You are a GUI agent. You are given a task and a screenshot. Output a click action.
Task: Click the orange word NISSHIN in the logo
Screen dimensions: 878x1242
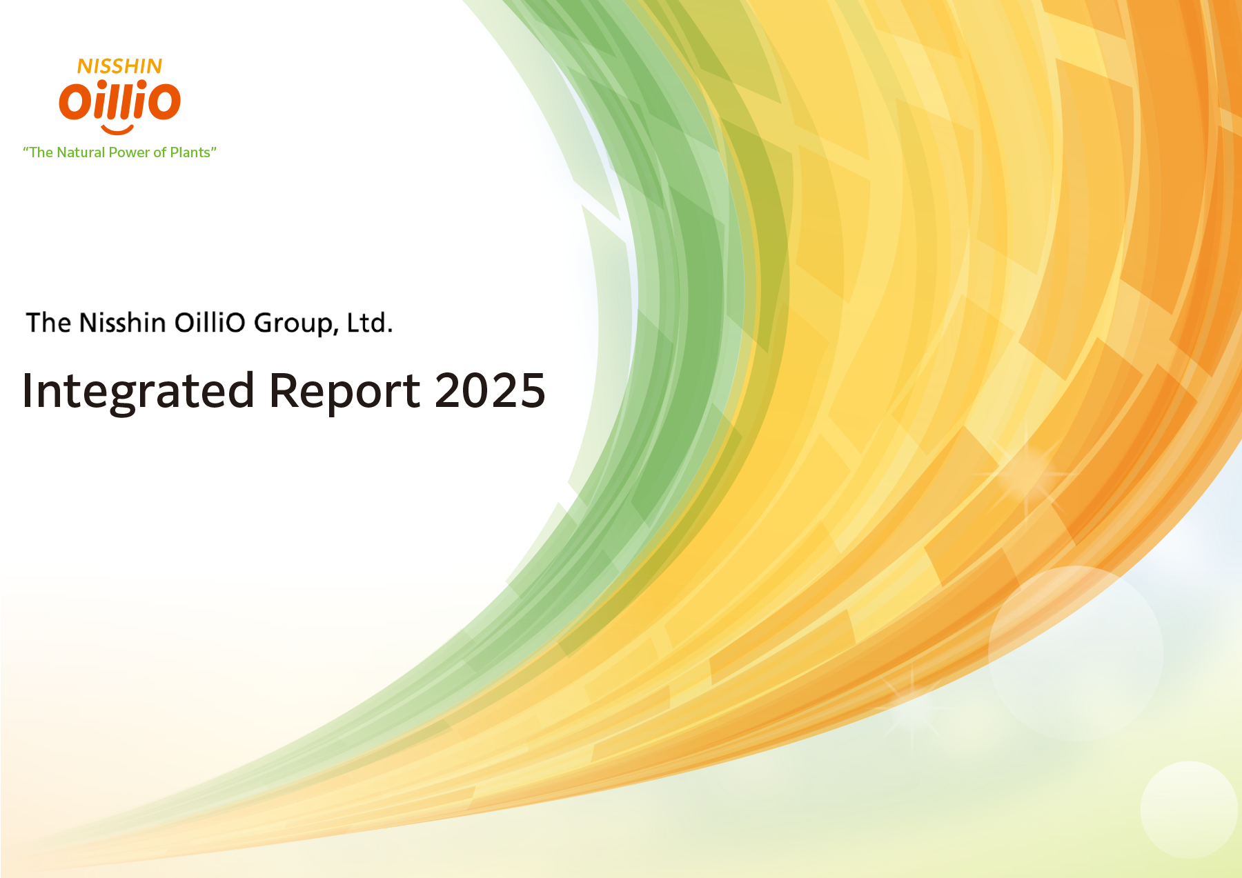tap(119, 66)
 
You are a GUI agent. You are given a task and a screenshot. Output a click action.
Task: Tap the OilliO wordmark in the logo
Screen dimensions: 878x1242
tap(119, 100)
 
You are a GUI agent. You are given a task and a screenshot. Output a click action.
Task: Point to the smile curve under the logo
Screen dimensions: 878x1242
tap(117, 130)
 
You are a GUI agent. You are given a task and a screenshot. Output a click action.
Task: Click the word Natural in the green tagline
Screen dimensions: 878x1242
tap(81, 152)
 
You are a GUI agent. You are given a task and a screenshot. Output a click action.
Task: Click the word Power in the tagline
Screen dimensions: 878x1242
tap(130, 152)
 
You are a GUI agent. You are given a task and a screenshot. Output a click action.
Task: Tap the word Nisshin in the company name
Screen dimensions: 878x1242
tap(122, 323)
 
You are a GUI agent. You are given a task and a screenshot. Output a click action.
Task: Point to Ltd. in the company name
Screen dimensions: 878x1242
tap(370, 323)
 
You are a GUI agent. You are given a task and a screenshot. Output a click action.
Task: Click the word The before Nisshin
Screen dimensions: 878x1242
tap(48, 323)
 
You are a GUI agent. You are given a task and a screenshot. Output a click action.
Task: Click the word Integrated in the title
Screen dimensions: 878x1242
tap(138, 392)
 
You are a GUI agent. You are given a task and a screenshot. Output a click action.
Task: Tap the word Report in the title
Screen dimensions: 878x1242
tap(344, 392)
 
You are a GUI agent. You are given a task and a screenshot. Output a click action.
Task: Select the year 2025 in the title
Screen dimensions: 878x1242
tap(490, 390)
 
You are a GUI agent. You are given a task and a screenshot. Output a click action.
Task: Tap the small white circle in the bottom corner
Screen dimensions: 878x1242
tap(1188, 809)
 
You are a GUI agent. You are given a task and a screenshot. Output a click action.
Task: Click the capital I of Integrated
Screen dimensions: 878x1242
tap(28, 390)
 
